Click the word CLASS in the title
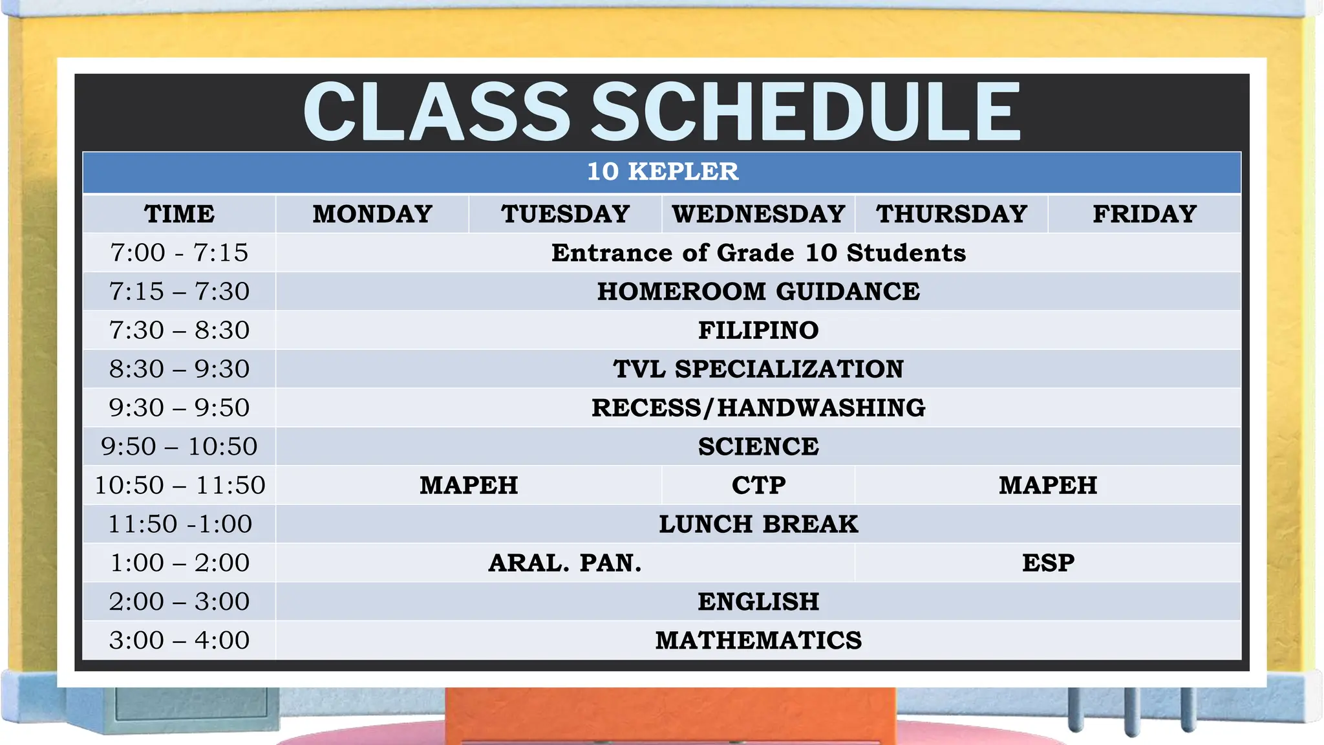(x=437, y=111)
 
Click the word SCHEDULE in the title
(x=806, y=111)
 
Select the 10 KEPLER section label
(x=662, y=172)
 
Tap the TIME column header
(x=179, y=214)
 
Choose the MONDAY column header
(x=372, y=214)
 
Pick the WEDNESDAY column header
(x=758, y=214)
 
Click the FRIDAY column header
(x=1144, y=214)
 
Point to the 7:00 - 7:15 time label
(x=179, y=253)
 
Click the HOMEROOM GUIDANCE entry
(x=758, y=292)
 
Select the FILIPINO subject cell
(x=758, y=330)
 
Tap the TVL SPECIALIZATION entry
(x=758, y=369)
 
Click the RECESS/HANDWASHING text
(x=758, y=408)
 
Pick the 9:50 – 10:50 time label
(x=179, y=447)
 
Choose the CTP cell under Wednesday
(x=758, y=485)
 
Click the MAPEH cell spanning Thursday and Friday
(x=1047, y=485)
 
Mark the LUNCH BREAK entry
(x=758, y=524)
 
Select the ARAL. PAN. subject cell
(x=565, y=563)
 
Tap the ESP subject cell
(x=1047, y=563)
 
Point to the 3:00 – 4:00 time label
(x=179, y=640)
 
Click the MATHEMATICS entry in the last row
(x=758, y=640)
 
